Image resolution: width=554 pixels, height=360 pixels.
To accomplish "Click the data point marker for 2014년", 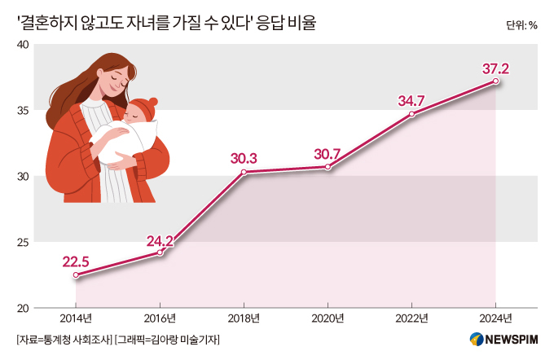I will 76,275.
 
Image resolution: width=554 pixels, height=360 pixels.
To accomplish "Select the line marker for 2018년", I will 244,172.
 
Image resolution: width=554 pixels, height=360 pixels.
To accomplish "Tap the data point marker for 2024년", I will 496,81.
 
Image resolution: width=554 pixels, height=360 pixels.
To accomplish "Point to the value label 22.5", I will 75,261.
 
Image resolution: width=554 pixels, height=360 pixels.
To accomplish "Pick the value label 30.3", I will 243,158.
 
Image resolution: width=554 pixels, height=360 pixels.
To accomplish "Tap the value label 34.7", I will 412,101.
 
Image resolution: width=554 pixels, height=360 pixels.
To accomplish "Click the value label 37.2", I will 495,68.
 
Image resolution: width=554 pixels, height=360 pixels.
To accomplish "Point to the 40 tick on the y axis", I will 24,44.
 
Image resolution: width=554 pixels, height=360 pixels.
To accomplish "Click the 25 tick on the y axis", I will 24,242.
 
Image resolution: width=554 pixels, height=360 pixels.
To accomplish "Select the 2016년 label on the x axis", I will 160,318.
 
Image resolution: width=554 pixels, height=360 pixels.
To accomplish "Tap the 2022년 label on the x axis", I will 412,318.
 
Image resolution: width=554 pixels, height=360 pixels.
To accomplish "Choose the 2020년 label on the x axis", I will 328,318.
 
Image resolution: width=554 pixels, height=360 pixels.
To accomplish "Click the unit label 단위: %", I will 521,24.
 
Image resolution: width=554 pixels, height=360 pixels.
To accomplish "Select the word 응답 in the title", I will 276,24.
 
